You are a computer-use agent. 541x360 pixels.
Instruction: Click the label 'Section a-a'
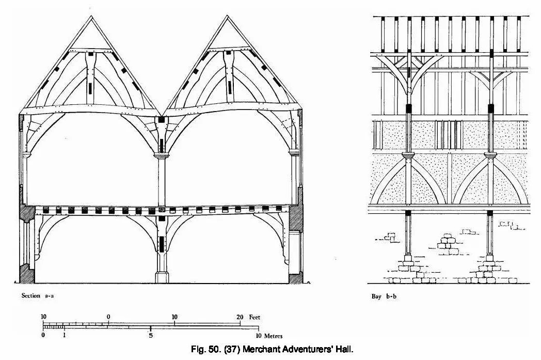coord(38,295)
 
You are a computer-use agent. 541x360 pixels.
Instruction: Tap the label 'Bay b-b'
coord(384,296)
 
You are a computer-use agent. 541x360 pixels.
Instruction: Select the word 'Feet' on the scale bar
coord(254,317)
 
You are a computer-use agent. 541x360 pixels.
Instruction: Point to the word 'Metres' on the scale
coord(273,336)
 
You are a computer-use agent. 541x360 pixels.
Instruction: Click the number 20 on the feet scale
coord(240,317)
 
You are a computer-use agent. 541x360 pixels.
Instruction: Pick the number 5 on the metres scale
coord(151,336)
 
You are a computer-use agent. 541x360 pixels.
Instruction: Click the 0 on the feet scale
coord(109,317)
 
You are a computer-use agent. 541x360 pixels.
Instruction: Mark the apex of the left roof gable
coord(91,16)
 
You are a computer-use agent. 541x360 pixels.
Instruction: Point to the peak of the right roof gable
coord(227,16)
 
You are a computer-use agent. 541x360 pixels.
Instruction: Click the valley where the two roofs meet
coord(161,115)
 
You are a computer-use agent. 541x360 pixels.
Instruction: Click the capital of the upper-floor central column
coord(161,155)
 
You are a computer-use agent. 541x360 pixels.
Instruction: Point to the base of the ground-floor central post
coord(162,277)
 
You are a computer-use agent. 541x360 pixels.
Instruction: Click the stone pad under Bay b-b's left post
coord(408,258)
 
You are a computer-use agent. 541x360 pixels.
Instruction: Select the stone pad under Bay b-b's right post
coord(489,258)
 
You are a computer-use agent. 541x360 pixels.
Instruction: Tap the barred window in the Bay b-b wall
coord(448,135)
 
